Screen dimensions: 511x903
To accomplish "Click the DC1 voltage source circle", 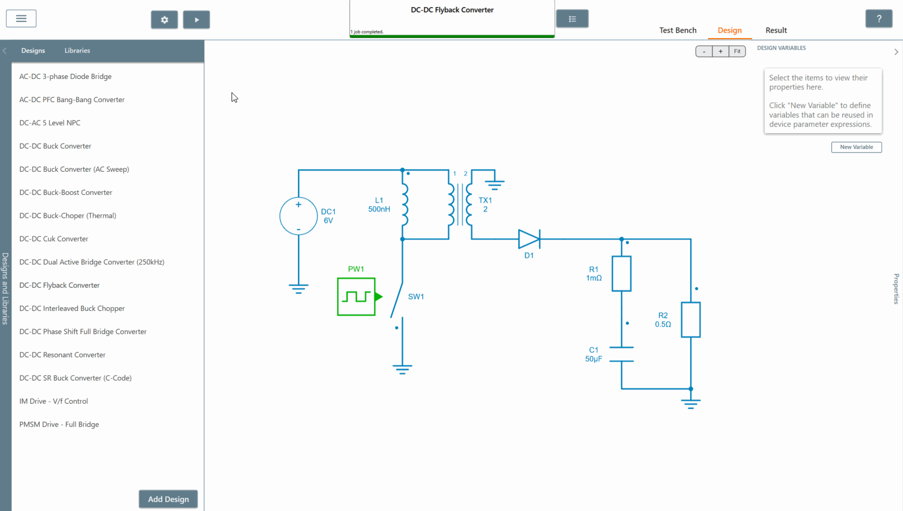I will tap(298, 216).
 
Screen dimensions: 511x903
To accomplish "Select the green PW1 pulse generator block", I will tap(356, 297).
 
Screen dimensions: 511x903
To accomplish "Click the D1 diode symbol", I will tap(529, 239).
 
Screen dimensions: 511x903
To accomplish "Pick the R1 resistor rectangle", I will tap(622, 273).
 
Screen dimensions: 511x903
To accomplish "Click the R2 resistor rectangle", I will tap(691, 319).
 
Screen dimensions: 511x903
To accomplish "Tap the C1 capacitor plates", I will tap(622, 354).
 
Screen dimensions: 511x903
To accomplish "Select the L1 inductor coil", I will tap(405, 204).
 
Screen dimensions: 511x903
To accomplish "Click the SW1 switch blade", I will tap(397, 301).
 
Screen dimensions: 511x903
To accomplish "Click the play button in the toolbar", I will tap(196, 20).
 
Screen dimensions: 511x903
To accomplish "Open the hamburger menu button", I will tap(21, 19).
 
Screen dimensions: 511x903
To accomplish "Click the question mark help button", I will tap(879, 19).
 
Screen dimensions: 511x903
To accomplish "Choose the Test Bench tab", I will tap(678, 30).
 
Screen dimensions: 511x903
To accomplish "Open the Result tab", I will tap(776, 30).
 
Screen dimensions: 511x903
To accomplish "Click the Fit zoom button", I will tap(737, 51).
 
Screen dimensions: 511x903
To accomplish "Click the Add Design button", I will tap(168, 499).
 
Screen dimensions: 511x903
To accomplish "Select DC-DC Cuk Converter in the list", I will tap(54, 239).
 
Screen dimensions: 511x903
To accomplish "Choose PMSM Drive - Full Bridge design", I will tap(59, 424).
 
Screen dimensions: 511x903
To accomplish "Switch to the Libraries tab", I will tap(77, 50).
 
